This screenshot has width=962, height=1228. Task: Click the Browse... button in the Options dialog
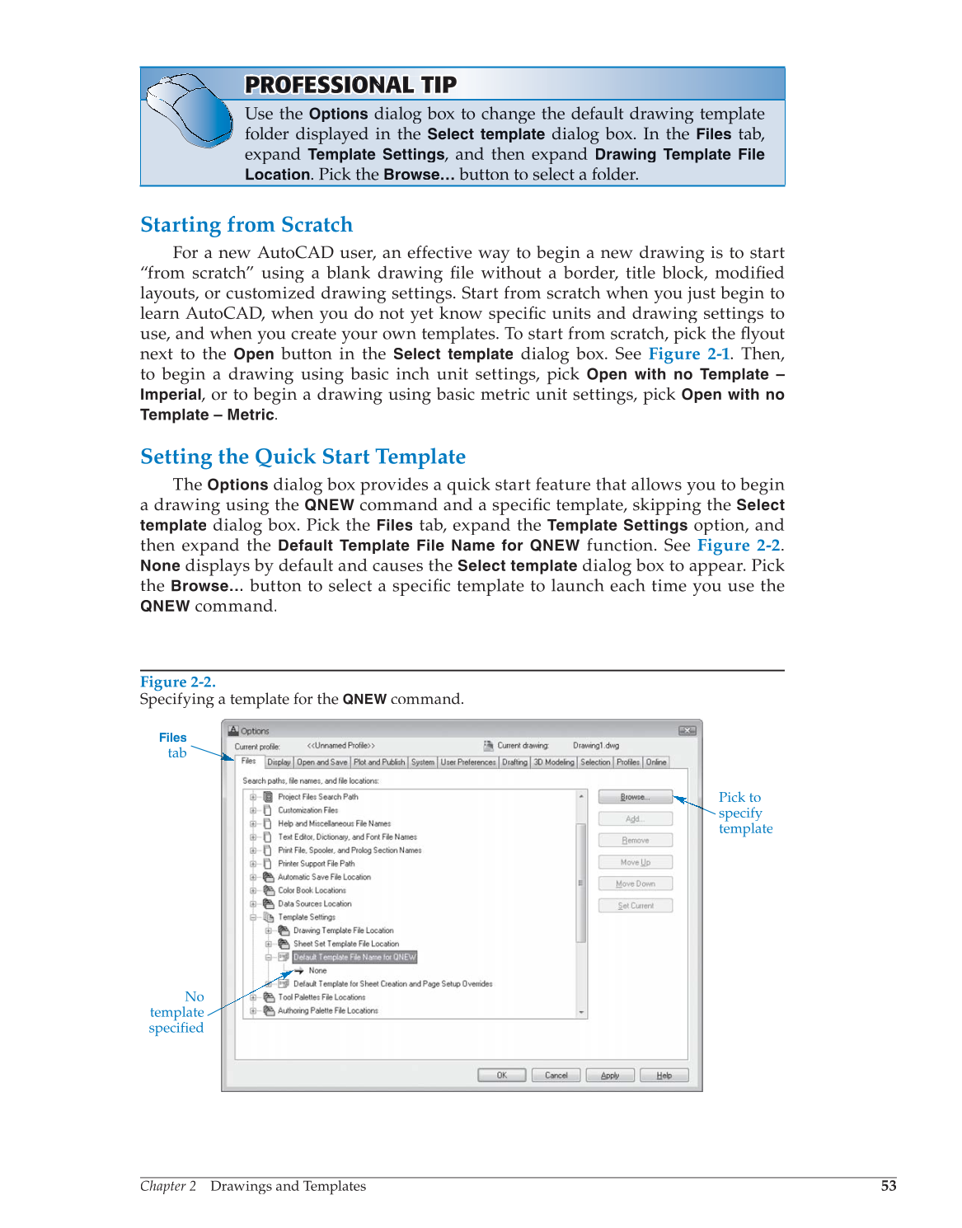pyautogui.click(x=635, y=797)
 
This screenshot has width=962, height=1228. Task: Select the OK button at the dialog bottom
pyautogui.click(x=501, y=1075)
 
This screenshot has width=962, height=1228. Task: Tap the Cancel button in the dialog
pyautogui.click(x=556, y=1075)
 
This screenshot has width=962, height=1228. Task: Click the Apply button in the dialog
pyautogui.click(x=610, y=1075)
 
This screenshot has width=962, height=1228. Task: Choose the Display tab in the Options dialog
pyautogui.click(x=279, y=762)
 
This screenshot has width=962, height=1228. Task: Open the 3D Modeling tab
pyautogui.click(x=554, y=762)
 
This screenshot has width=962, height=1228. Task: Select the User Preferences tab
pyautogui.click(x=468, y=762)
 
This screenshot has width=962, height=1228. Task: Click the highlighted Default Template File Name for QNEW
pyautogui.click(x=354, y=957)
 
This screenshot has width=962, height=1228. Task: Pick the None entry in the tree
pyautogui.click(x=317, y=971)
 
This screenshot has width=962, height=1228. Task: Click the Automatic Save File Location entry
pyautogui.click(x=324, y=877)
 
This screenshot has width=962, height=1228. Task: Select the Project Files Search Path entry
pyautogui.click(x=317, y=797)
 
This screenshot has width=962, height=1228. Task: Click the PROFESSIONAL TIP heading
pyautogui.click(x=350, y=85)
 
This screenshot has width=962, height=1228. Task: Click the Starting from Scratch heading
pyautogui.click(x=246, y=225)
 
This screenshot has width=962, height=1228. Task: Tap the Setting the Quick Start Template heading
pyautogui.click(x=303, y=457)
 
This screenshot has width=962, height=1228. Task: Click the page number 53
pyautogui.click(x=888, y=1186)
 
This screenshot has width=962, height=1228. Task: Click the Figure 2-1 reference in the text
pyautogui.click(x=688, y=354)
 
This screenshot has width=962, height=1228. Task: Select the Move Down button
pyautogui.click(x=635, y=884)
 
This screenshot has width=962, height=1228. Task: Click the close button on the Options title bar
pyautogui.click(x=687, y=731)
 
